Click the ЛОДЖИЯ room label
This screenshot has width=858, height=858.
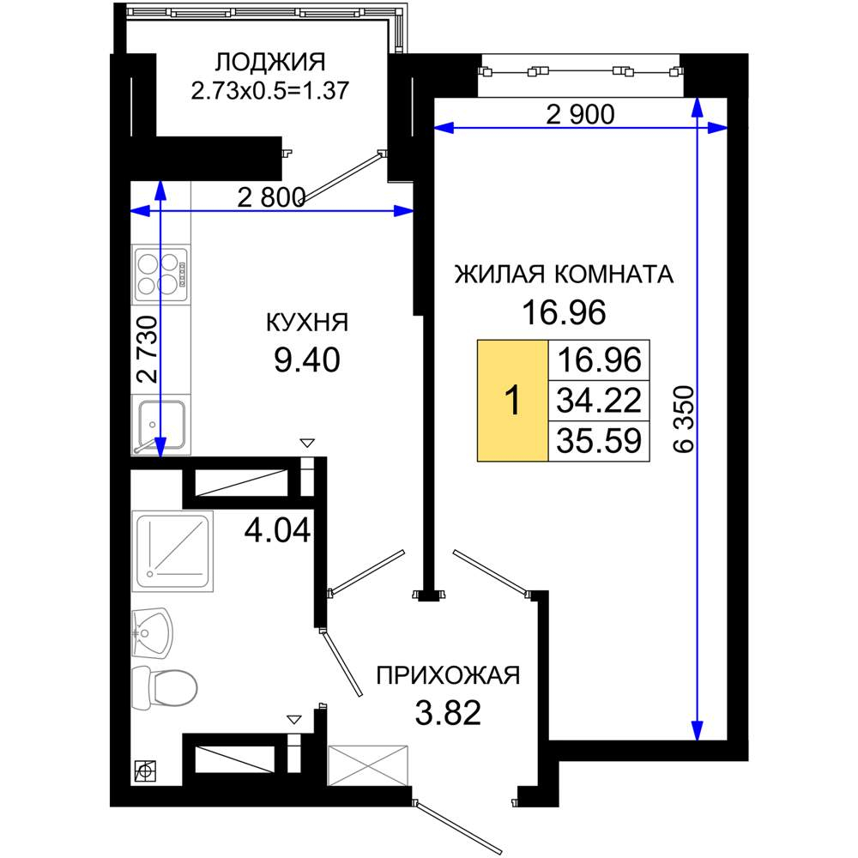pos(269,63)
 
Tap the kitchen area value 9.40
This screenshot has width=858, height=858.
pos(307,360)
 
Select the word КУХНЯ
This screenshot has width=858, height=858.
pos(307,323)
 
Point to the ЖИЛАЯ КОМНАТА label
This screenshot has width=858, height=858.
pos(564,275)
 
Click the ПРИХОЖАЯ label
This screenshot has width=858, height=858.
pos(448,676)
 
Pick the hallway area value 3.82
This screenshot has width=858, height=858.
pos(448,713)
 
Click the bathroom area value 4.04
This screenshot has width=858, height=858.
pos(277,529)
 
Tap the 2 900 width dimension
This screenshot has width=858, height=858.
pos(580,114)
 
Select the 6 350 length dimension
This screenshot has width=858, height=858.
pos(684,420)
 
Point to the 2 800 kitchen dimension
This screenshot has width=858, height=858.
pos(271,197)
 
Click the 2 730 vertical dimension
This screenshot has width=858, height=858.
pos(148,349)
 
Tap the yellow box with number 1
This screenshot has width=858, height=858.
pos(513,401)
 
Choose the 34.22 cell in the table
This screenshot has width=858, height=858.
pos(599,401)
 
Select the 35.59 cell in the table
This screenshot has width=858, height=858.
pos(599,441)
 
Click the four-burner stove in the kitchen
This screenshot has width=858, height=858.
pos(161,275)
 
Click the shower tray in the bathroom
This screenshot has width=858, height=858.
pos(172,552)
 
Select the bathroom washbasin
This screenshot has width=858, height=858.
pos(152,634)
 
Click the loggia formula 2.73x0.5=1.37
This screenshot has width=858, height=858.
pos(269,91)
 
